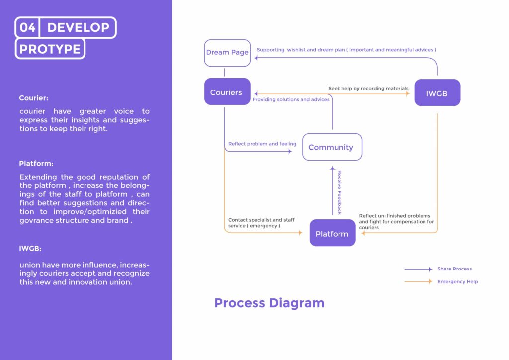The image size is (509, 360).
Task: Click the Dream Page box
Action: (227, 53)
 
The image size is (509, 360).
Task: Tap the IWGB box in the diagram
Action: (437, 93)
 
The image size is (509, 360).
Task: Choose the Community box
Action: (332, 147)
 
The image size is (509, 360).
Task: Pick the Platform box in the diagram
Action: (332, 234)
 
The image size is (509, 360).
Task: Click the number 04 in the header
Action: (28, 28)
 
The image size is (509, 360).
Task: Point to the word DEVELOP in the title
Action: (78, 28)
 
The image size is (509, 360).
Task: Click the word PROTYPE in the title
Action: (50, 49)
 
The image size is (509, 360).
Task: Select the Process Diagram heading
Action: (269, 303)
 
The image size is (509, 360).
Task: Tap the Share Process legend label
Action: (454, 269)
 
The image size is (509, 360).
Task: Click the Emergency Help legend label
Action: (457, 282)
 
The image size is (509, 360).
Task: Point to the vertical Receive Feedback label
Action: (339, 192)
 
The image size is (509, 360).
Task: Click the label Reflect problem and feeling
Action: (262, 144)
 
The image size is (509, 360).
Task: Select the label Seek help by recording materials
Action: (368, 89)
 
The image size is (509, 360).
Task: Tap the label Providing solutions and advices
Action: (291, 100)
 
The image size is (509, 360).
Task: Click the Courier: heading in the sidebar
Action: (34, 98)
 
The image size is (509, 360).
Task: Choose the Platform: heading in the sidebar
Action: (36, 164)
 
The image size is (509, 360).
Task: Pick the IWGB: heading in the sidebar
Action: (31, 248)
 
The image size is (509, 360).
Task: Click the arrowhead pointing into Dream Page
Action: (256, 58)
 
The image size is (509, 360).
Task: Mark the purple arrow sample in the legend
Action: (418, 269)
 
